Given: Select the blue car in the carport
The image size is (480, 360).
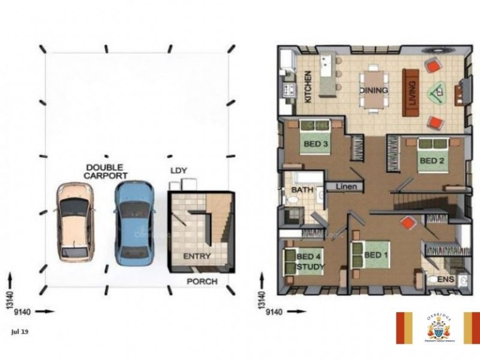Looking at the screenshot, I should [x=134, y=223].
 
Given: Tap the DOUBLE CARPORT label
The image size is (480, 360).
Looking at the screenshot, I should [x=106, y=172].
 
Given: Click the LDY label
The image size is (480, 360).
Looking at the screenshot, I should [x=179, y=171].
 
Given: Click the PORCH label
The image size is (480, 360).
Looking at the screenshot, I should [x=202, y=281].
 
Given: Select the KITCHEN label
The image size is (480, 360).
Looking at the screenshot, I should [x=308, y=87].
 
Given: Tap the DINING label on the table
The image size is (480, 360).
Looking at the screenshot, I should [x=374, y=90].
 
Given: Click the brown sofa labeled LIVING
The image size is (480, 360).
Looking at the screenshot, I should [x=411, y=91].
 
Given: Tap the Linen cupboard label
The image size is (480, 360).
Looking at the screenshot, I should [x=346, y=187].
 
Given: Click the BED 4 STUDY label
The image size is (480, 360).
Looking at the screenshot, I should [x=308, y=262].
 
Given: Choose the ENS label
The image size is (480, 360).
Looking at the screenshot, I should [x=445, y=280].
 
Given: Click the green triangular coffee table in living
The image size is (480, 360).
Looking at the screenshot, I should [x=437, y=93].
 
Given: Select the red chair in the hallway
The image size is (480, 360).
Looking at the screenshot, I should [x=408, y=223].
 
